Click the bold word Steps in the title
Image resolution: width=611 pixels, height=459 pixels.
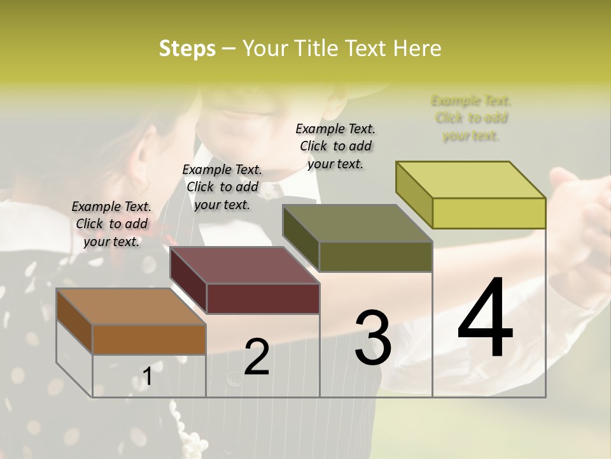186,48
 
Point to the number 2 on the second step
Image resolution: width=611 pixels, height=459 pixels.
256,357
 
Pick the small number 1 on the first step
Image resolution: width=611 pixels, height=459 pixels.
148,376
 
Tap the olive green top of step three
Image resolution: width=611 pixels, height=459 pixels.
356,224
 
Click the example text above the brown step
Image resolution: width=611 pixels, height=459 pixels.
111,224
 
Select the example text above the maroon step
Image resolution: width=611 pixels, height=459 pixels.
221,187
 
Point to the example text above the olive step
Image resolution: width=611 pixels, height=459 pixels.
335,146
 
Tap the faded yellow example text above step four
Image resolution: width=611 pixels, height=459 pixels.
471,118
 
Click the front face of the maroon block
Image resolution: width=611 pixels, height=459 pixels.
263,298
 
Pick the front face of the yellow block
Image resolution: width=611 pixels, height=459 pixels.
489,213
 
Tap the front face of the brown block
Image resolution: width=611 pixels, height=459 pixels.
149,339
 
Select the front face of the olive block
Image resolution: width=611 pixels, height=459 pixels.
376,256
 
